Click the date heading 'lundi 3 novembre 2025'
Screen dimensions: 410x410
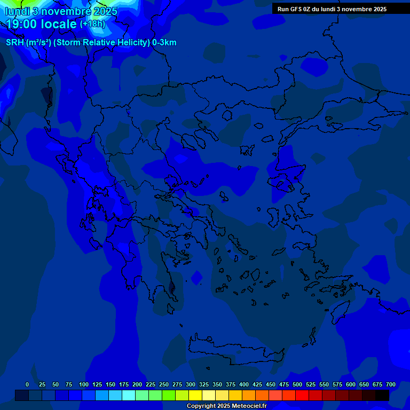[61, 11]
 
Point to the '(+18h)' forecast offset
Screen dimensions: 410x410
[92, 24]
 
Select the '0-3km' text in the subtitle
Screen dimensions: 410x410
[164, 43]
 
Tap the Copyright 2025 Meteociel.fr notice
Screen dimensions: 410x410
[226, 406]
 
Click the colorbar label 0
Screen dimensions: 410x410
[27, 384]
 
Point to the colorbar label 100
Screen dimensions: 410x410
[83, 384]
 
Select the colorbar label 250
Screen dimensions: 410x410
[164, 384]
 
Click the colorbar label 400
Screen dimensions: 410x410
[244, 384]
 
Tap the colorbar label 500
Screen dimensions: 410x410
[297, 384]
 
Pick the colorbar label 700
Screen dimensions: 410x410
[391, 384]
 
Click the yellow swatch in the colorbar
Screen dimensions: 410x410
[195, 396]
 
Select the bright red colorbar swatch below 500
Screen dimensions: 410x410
[302, 396]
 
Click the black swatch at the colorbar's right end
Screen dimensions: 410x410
[382, 396]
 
